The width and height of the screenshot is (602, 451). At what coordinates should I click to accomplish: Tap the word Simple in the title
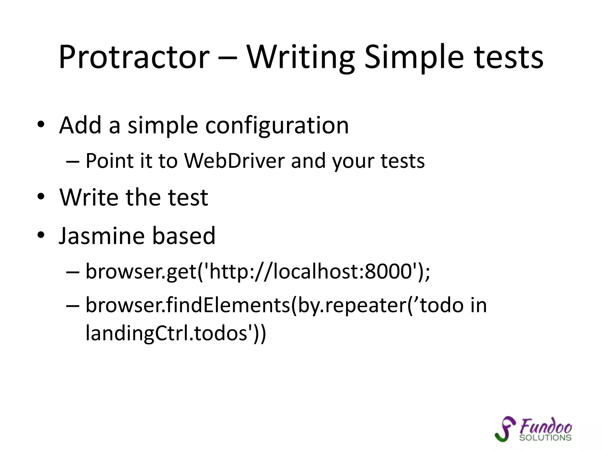click(414, 57)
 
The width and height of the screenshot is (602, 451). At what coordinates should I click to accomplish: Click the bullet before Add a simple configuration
click(41, 124)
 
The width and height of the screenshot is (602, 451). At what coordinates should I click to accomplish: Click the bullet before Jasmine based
click(41, 235)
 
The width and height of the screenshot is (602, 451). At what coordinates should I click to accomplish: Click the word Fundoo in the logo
click(546, 426)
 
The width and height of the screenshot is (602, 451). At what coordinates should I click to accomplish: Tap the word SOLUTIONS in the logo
click(545, 438)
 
